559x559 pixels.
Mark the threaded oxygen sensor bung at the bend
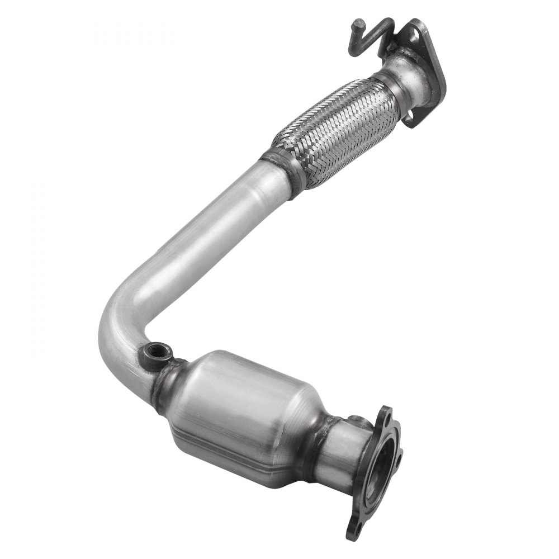(151, 353)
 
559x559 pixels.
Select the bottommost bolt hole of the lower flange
(353, 529)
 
